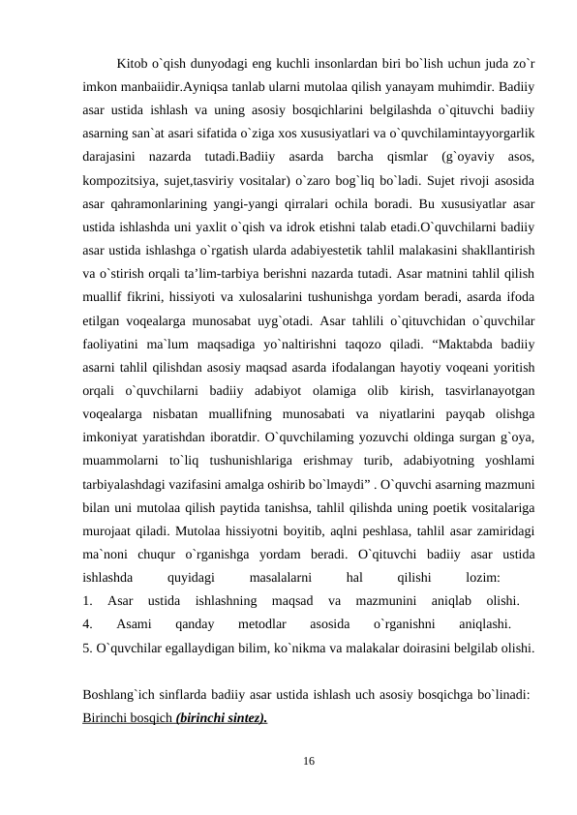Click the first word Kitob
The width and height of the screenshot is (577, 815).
pos(134,65)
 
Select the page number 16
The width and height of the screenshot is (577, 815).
pos(308,764)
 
